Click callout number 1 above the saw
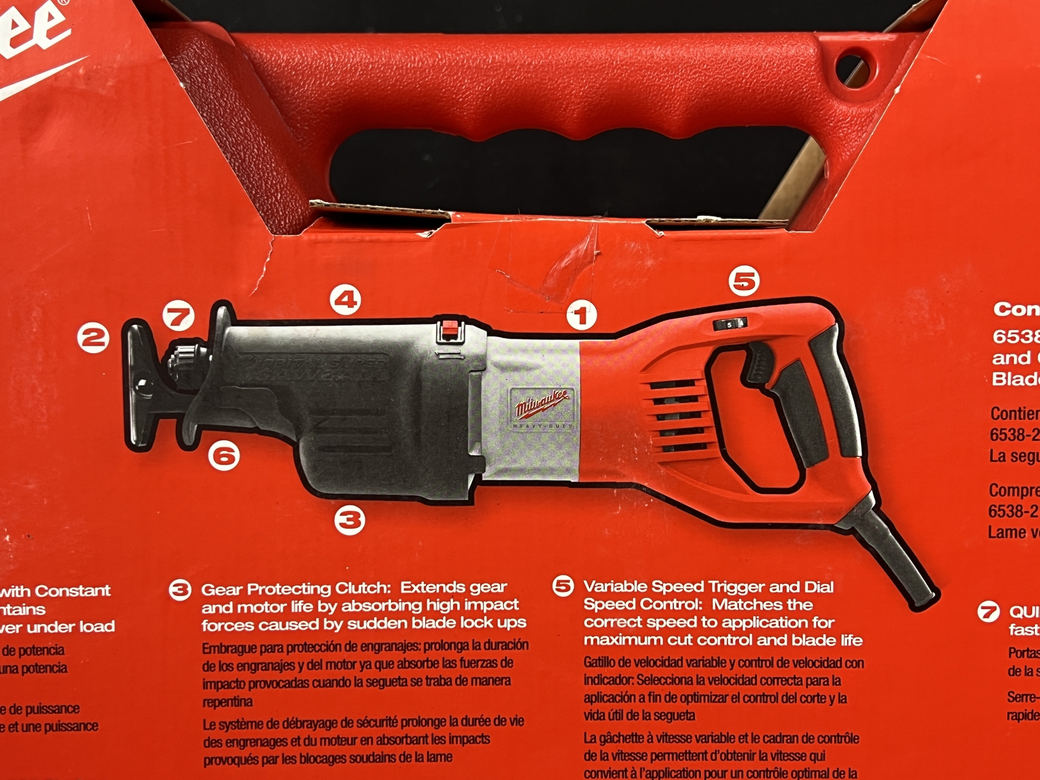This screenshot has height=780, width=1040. click(581, 316)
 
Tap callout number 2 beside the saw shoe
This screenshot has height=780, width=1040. click(93, 337)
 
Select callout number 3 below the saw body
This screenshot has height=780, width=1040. click(350, 520)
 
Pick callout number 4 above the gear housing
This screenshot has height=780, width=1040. click(345, 300)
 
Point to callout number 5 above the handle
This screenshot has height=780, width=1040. click(744, 281)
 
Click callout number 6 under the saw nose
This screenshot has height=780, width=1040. click(224, 456)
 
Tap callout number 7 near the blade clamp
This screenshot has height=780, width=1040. click(179, 317)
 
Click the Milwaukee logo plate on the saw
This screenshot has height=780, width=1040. click(542, 407)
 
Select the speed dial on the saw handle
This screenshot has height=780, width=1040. click(730, 324)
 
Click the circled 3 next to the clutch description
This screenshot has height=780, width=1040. click(180, 590)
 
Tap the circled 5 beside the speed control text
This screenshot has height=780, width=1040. click(563, 586)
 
